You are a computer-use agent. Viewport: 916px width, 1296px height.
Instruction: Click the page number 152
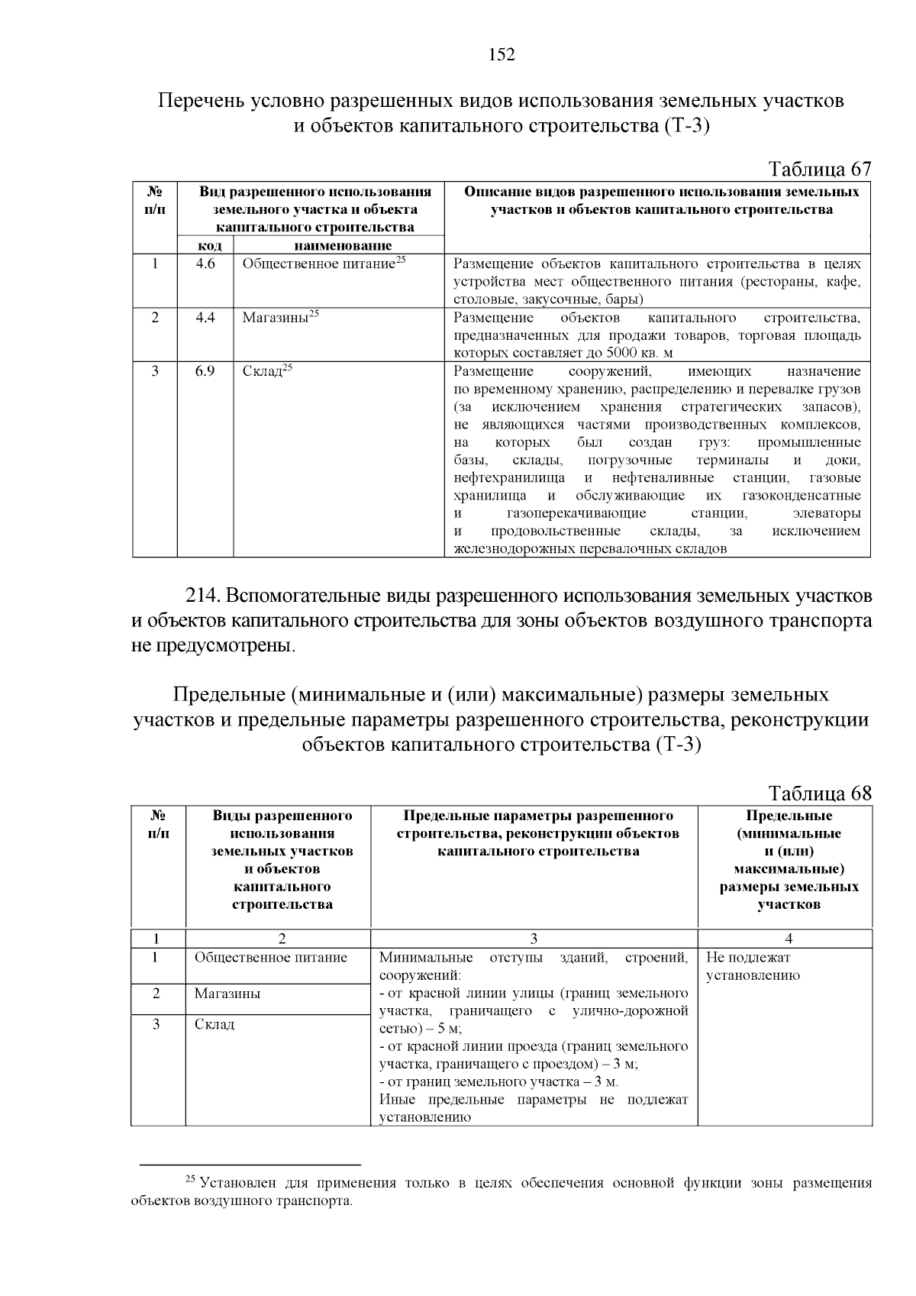click(x=502, y=55)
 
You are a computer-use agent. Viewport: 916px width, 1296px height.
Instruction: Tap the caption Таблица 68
click(x=819, y=793)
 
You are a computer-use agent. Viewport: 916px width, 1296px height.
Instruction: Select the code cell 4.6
click(x=205, y=264)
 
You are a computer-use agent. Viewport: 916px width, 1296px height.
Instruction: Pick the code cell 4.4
click(x=205, y=318)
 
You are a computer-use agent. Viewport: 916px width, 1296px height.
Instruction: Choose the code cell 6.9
click(x=205, y=371)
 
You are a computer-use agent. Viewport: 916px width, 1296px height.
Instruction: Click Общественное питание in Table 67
click(x=319, y=264)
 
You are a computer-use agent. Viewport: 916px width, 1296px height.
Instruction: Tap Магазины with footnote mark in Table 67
click(x=279, y=318)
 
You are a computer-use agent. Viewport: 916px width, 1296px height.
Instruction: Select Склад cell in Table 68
click(x=214, y=1025)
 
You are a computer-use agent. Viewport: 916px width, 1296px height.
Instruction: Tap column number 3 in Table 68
click(x=534, y=939)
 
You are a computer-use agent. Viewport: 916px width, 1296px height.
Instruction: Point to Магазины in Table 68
click(x=227, y=994)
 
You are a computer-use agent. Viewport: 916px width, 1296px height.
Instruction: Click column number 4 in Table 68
click(x=789, y=939)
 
